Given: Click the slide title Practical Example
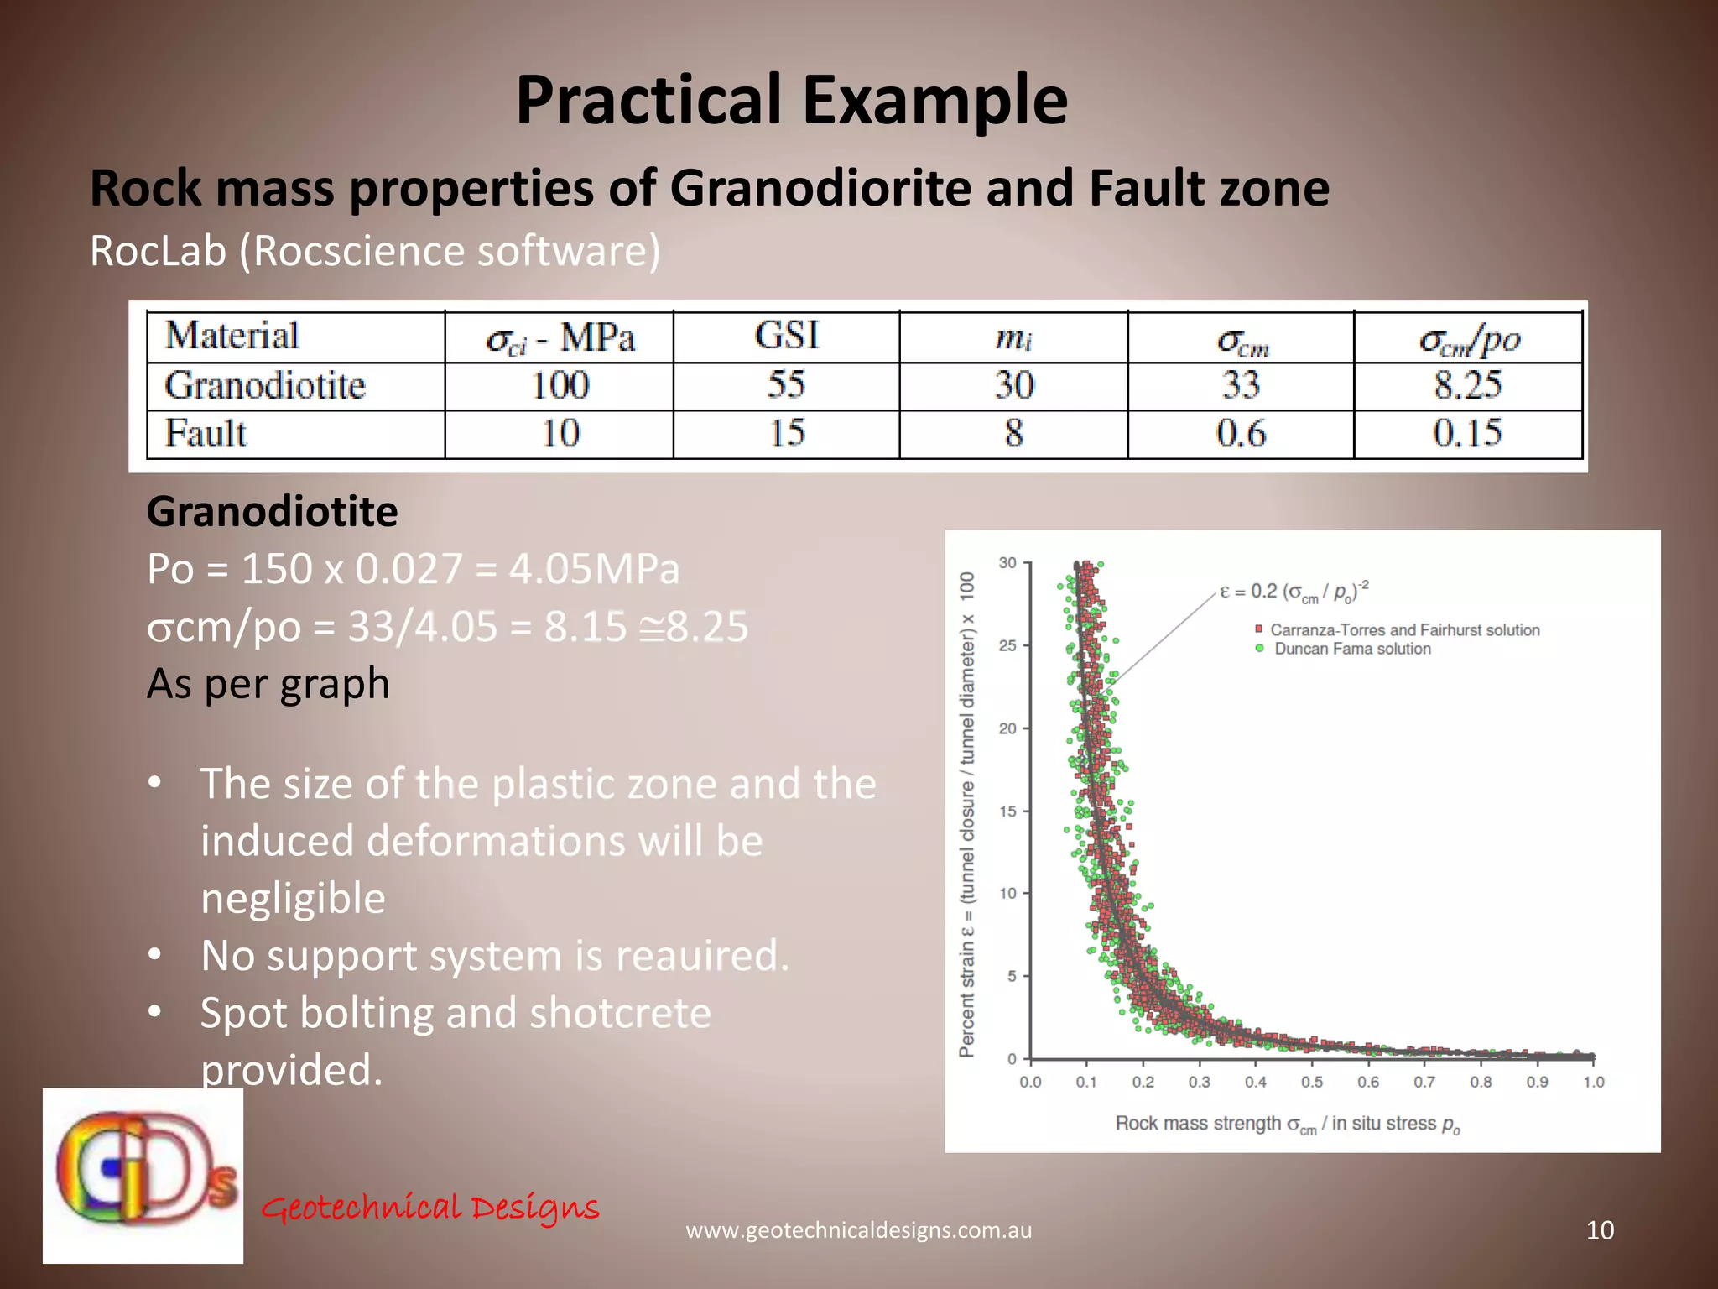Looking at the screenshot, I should (791, 100).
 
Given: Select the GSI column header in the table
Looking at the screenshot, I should (786, 336).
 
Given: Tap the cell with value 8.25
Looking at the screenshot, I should (1467, 385).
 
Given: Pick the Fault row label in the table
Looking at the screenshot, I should (206, 434).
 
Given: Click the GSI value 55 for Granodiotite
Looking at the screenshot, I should (786, 385).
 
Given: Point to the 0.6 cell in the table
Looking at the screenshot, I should (1241, 434).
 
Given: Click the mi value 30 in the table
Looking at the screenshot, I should (1013, 385).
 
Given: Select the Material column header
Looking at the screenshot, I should (232, 336).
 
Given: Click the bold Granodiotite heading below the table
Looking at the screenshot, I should (272, 512).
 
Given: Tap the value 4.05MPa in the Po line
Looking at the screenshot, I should (594, 569).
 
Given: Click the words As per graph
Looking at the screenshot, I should (268, 683).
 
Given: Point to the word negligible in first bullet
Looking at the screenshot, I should (293, 898).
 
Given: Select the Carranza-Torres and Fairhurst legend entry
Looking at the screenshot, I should (1403, 630).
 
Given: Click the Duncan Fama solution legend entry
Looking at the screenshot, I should (1351, 649).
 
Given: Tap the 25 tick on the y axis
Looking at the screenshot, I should (1007, 645).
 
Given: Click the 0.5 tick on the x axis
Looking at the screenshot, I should (1312, 1082).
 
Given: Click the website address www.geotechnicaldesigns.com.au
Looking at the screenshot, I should (859, 1230).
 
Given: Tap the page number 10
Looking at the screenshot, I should (1600, 1230).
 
